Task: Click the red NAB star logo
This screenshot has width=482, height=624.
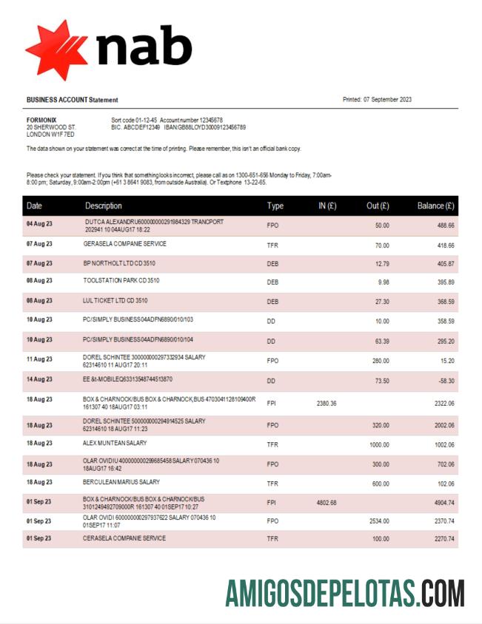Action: (56, 50)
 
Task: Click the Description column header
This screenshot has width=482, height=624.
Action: (104, 206)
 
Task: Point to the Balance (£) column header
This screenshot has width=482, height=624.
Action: (435, 206)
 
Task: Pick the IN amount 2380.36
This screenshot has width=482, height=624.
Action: (327, 403)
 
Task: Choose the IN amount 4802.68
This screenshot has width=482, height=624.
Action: (327, 503)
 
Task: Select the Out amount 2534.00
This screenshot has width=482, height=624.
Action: (378, 520)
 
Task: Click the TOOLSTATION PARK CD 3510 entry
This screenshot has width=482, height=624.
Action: (121, 281)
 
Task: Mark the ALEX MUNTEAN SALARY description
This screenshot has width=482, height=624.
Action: (115, 443)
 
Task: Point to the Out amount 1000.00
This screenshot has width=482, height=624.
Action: (378, 444)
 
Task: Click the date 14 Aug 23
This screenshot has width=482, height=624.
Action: (40, 379)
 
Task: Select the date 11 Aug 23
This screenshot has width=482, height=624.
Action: (40, 359)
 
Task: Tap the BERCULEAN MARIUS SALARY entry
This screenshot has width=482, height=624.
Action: (121, 482)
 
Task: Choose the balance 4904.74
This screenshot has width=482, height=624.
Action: (442, 503)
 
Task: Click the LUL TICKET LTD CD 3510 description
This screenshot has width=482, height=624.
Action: (116, 301)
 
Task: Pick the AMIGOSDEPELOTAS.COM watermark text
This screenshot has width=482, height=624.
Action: (345, 593)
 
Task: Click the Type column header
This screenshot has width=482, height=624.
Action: (275, 206)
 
